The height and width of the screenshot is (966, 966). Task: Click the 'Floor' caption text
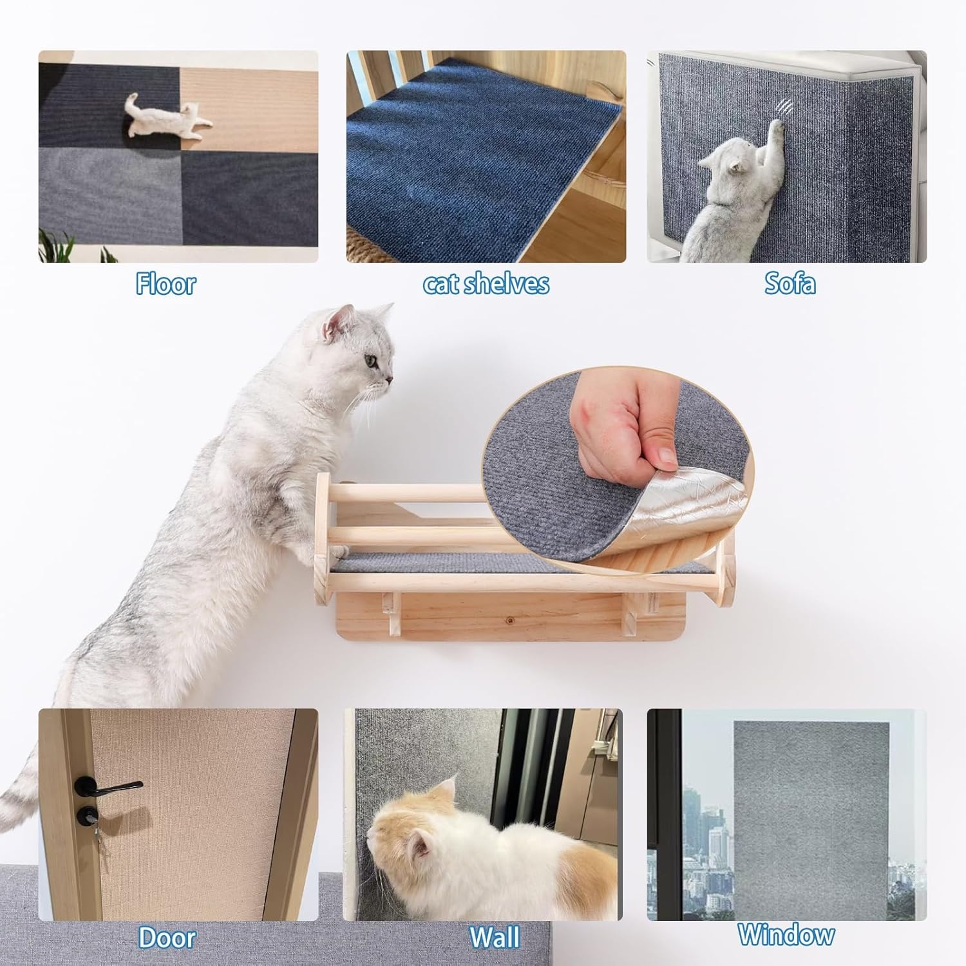click(166, 284)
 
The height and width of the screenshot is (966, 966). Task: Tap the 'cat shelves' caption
click(486, 284)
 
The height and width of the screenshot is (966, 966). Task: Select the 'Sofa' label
click(790, 284)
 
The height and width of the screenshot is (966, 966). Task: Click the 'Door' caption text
click(167, 937)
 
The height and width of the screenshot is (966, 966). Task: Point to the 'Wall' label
click(494, 937)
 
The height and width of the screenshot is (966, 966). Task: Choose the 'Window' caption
click(786, 934)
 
